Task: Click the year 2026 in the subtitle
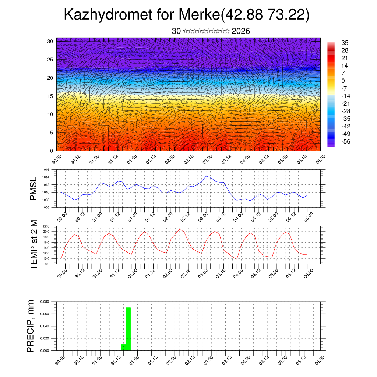(x=241, y=31)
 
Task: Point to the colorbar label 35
(x=345, y=43)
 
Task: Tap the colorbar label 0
(x=343, y=81)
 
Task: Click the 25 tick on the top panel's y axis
(x=50, y=59)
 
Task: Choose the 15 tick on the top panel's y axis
(x=50, y=96)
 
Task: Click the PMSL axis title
(x=34, y=189)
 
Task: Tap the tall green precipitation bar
(x=128, y=328)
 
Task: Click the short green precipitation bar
(x=124, y=347)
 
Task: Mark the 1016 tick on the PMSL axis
(x=46, y=170)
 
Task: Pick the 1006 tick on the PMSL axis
(x=46, y=207)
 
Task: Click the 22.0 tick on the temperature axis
(x=47, y=226)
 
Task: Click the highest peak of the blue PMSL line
(x=207, y=176)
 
